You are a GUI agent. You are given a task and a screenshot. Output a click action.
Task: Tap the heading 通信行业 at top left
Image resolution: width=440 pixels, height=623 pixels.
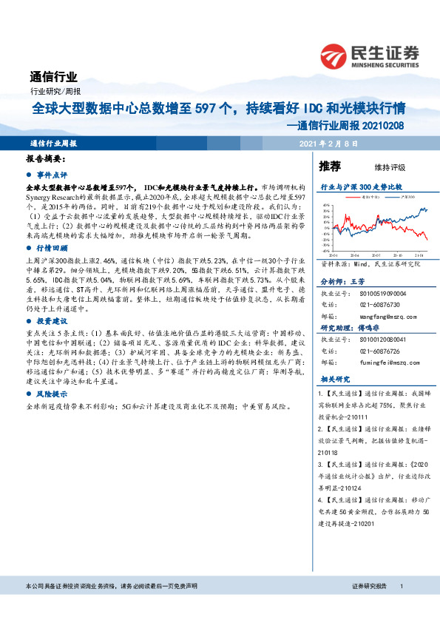click(x=53, y=76)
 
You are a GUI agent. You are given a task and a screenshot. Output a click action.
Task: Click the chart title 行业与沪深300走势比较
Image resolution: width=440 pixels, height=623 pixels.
click(x=360, y=188)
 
